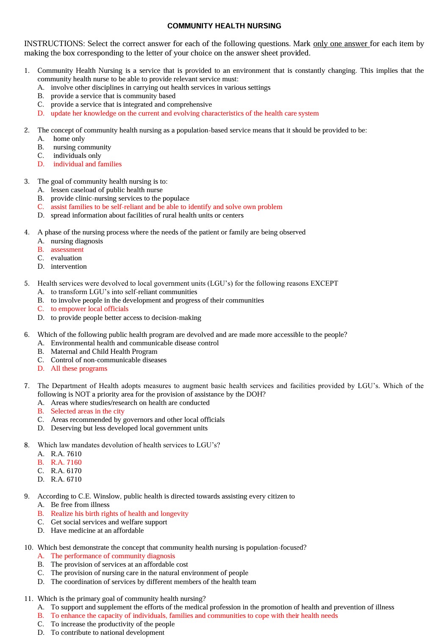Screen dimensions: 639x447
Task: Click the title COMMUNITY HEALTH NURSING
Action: [224, 26]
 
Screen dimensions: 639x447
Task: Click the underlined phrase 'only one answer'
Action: [340, 44]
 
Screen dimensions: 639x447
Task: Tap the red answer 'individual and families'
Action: [87, 164]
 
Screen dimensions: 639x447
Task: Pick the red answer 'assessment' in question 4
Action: [67, 250]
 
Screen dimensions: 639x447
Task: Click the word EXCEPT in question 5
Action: [324, 284]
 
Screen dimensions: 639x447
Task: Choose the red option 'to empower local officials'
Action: [89, 309]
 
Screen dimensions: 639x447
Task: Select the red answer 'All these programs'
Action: [79, 369]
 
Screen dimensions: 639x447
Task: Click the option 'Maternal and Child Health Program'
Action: [104, 352]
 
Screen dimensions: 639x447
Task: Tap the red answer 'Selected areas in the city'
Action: [87, 411]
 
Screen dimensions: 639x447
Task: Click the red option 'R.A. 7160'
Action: [66, 463]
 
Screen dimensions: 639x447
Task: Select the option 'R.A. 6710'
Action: [66, 479]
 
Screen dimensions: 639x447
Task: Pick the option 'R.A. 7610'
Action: [66, 454]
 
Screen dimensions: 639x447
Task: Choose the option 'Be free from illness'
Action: [80, 505]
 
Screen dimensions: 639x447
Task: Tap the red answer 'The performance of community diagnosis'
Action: [113, 556]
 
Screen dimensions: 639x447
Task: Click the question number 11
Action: [28, 599]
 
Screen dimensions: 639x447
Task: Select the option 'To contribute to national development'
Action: [107, 633]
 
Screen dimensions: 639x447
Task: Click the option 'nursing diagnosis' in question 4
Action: [77, 241]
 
